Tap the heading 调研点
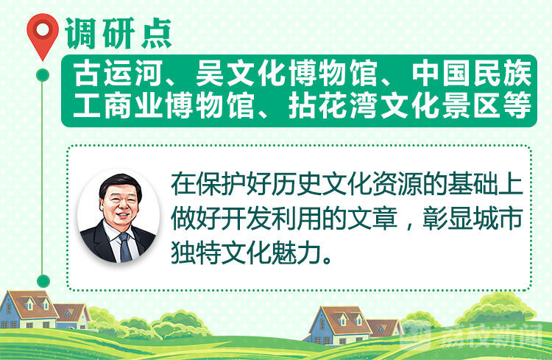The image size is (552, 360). point(118,33)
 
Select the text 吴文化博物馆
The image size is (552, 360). point(286,74)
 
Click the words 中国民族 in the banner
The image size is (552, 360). point(472,74)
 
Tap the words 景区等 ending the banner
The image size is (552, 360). point(486,105)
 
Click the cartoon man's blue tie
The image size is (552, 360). point(125,247)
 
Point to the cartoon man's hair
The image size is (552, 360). point(120,184)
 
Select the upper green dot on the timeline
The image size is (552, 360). point(43,75)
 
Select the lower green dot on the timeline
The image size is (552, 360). point(43,280)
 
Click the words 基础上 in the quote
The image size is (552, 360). point(486,184)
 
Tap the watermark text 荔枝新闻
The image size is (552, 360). point(492,336)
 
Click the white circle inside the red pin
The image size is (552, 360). point(43,29)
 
